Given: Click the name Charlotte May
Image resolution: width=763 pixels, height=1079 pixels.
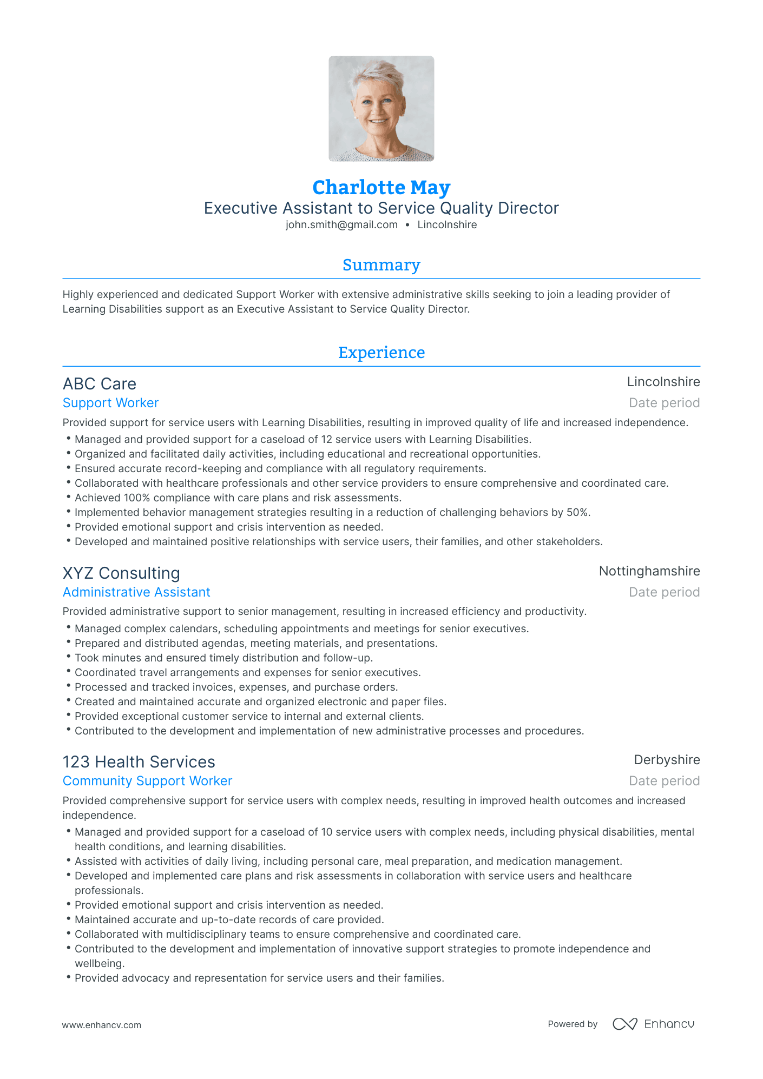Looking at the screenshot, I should point(381,188).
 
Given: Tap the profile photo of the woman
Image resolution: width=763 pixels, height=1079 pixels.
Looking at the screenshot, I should point(381,109).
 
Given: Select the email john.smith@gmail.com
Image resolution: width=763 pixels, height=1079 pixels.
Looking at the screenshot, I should point(341,225).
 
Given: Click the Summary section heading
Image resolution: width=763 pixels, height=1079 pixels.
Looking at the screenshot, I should point(381,265).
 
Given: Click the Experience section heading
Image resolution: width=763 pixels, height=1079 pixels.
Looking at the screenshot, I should point(381,353).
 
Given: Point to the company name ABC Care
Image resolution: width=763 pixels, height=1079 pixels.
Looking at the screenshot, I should point(100,384).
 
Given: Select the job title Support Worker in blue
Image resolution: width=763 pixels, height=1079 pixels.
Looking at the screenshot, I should point(110,403).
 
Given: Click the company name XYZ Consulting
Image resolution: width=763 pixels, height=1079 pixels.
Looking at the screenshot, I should point(121,573).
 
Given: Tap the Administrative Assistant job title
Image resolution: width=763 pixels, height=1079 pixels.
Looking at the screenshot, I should point(136,592).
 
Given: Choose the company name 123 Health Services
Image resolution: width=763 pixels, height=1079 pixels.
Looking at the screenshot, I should point(139,762).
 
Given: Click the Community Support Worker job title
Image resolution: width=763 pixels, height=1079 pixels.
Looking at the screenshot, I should point(147,781).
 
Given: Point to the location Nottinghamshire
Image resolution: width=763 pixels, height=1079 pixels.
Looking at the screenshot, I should point(649,571).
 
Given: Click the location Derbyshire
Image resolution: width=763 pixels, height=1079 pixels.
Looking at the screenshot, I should point(667,760).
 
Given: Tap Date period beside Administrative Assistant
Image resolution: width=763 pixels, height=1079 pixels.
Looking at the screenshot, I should point(664,592).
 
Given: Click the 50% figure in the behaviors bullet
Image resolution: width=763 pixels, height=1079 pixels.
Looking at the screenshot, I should point(577,512).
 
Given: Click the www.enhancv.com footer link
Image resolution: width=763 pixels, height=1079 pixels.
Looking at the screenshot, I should point(101,1025).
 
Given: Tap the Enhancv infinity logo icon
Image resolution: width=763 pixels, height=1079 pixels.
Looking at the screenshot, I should point(624,1024).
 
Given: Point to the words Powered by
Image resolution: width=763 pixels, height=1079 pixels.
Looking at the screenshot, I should point(573,1024).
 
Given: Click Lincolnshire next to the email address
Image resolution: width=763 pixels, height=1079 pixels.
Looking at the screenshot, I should point(447,225).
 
